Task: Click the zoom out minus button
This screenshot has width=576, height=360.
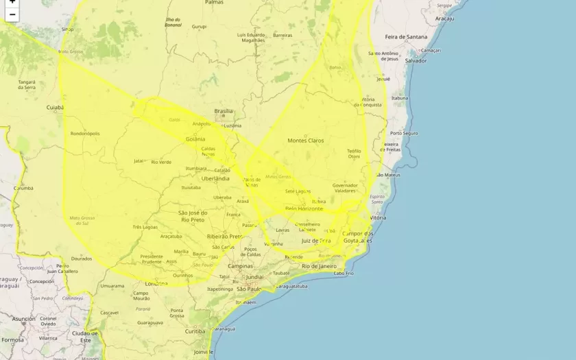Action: pos(12,14)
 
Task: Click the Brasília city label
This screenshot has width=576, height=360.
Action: pos(224,111)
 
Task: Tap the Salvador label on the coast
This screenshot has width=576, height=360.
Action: pos(416,60)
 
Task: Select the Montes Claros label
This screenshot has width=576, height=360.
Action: pos(305,141)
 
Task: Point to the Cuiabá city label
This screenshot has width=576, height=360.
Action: pos(54,108)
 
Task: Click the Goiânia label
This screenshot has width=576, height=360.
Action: pos(195,139)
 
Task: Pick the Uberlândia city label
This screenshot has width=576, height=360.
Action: pos(215,178)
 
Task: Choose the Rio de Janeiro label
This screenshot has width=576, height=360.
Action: pos(318,265)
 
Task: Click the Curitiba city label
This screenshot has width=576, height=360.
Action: pos(195,331)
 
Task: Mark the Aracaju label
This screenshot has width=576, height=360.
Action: pos(444,19)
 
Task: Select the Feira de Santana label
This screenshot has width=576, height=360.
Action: pos(405,36)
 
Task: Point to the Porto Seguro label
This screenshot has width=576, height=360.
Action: pos(404,133)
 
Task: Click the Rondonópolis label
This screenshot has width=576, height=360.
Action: pos(85,134)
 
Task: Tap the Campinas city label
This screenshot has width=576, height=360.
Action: pos(241,265)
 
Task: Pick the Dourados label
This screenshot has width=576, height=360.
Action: pos(81,259)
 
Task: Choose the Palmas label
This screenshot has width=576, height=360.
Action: pos(214,3)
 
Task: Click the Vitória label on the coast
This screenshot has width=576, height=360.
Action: pos(378,217)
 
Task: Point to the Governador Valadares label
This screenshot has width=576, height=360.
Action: pos(345,188)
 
